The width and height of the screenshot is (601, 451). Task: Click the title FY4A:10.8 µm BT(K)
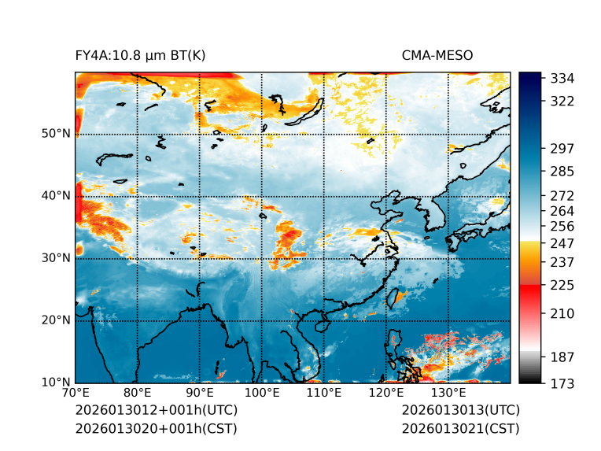click(x=141, y=55)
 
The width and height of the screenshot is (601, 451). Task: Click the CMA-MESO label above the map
click(x=437, y=55)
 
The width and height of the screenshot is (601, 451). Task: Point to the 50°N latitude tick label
click(x=56, y=134)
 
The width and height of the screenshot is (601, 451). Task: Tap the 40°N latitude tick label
click(x=56, y=196)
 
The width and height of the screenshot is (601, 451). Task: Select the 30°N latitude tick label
click(x=56, y=258)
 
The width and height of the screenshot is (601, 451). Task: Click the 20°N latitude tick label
click(x=56, y=320)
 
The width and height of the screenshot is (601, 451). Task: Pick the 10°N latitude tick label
click(x=56, y=383)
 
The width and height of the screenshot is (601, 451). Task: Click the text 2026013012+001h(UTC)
click(x=156, y=411)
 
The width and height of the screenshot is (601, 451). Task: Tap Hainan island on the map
click(x=322, y=325)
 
